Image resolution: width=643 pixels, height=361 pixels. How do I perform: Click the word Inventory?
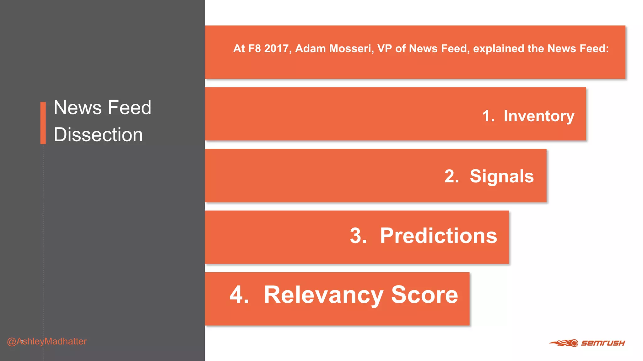[x=539, y=116]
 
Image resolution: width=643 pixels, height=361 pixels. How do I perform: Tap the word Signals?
[x=501, y=176]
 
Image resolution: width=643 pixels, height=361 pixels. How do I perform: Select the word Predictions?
[x=438, y=236]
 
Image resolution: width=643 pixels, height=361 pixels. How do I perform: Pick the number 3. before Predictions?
[x=358, y=236]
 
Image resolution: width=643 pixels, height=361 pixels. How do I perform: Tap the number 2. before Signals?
[x=451, y=176]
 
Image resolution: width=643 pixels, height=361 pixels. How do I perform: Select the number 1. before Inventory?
[x=488, y=116]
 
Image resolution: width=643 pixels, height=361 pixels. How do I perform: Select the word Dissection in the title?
[x=98, y=135]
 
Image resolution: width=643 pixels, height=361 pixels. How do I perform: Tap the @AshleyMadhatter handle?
[x=47, y=341]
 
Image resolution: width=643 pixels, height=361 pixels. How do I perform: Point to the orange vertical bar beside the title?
[x=43, y=123]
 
